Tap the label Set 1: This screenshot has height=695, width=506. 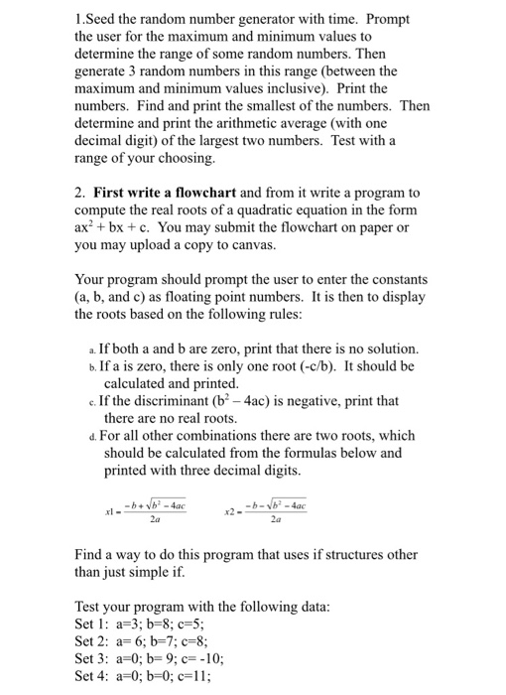pyautogui.click(x=96, y=623)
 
